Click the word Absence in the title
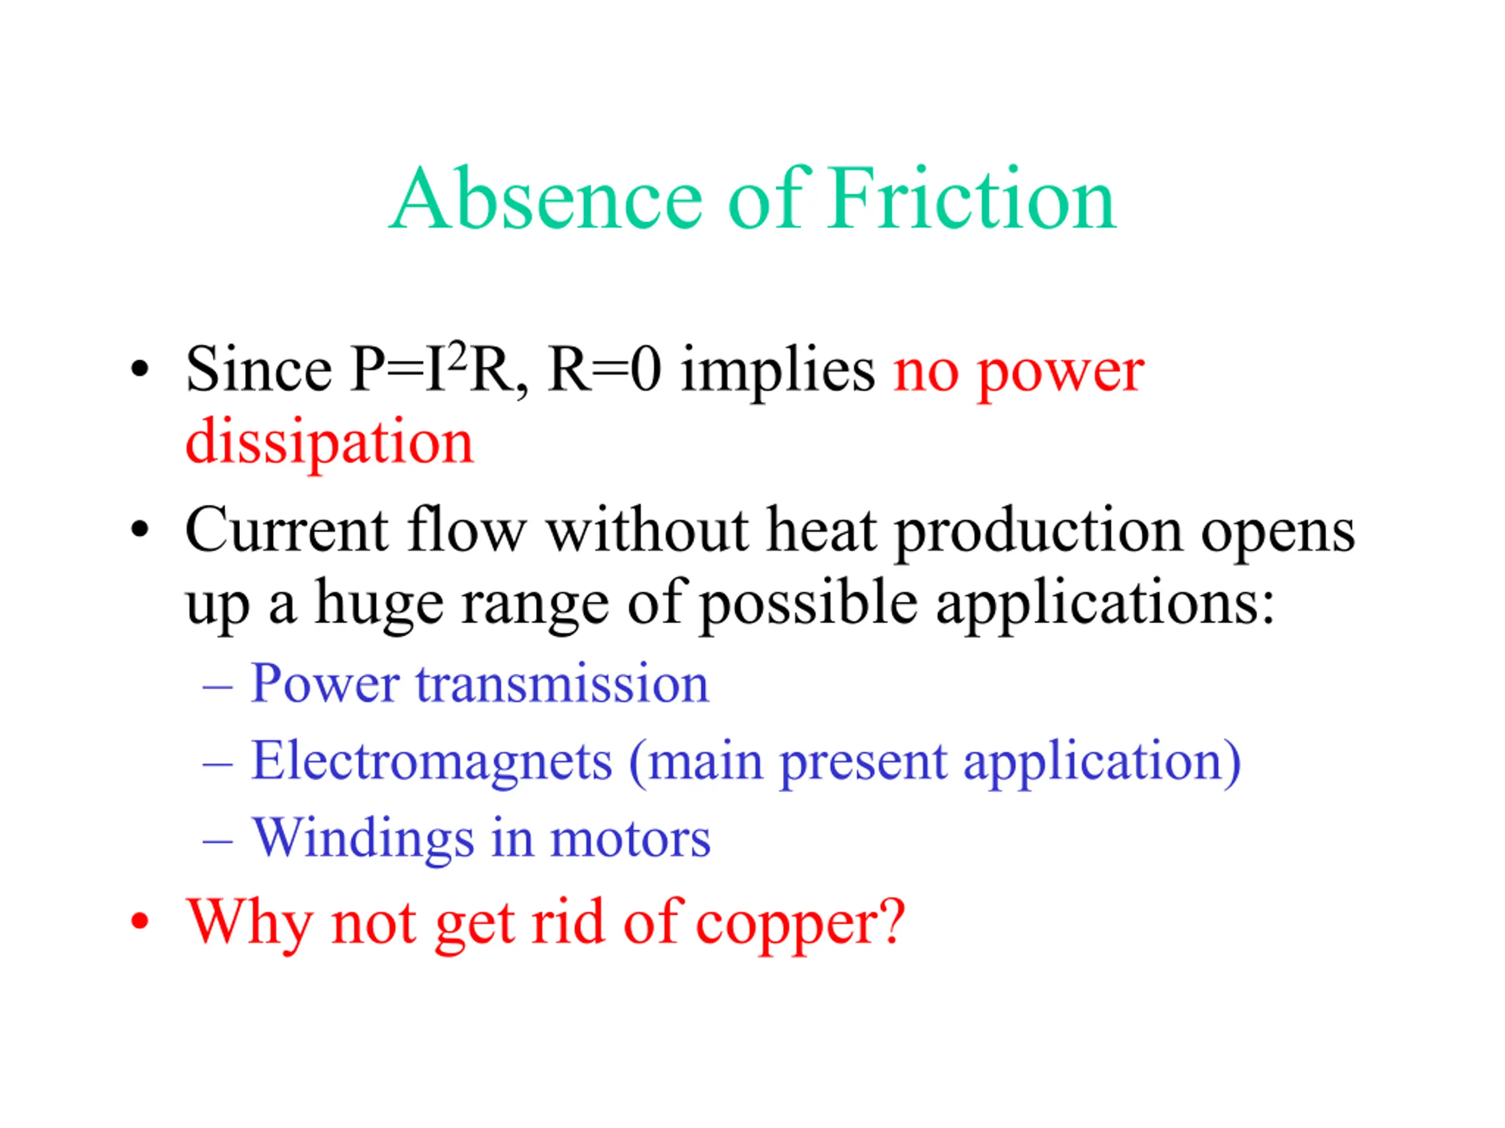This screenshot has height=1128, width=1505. [545, 199]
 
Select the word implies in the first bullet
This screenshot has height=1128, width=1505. [778, 371]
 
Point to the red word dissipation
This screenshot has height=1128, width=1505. [329, 441]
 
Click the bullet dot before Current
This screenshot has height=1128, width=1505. [139, 531]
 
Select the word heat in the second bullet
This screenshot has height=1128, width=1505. [821, 531]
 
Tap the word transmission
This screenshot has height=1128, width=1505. [563, 684]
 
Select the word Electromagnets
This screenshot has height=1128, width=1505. [432, 761]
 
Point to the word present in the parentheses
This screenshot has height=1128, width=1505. [864, 764]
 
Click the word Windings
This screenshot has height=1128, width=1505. [363, 840]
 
